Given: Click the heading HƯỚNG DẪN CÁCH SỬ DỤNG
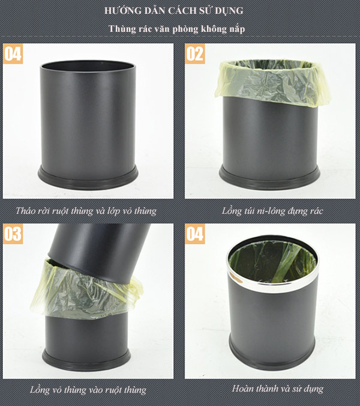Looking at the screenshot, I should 180,11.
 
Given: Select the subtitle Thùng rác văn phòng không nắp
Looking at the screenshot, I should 180,29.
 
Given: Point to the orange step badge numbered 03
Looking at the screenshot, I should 13,234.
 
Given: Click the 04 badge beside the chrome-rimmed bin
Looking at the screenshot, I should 194,234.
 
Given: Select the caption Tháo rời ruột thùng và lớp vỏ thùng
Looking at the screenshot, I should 88,211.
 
